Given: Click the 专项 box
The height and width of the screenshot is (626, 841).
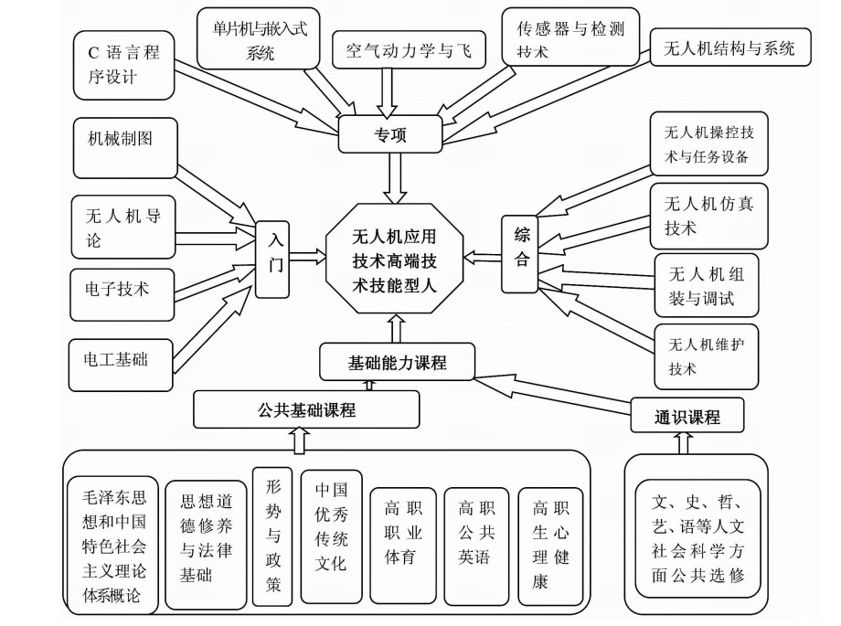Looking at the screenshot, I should [x=390, y=135].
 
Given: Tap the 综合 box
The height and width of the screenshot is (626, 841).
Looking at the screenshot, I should [x=520, y=253].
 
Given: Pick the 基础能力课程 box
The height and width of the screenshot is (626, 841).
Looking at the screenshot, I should [x=397, y=363].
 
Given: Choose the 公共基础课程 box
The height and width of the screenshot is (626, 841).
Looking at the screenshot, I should [x=306, y=410].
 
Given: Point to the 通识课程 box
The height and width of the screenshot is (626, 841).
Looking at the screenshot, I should [x=687, y=417].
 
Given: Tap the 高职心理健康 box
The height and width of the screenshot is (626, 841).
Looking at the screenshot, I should [x=550, y=543].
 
